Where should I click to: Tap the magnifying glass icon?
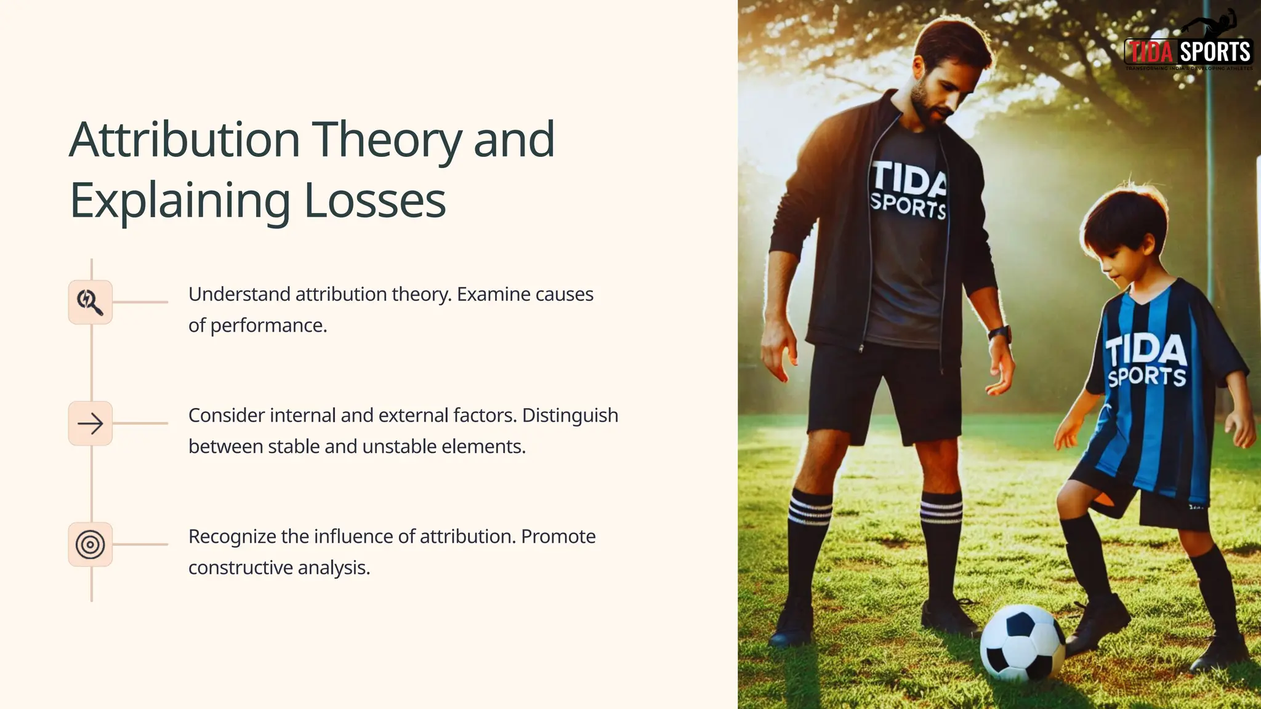click(x=91, y=302)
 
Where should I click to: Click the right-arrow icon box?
click(x=91, y=423)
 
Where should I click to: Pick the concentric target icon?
click(x=91, y=545)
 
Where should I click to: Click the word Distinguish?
click(x=570, y=415)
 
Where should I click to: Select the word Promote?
click(x=558, y=537)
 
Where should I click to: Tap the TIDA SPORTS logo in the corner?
click(x=1188, y=52)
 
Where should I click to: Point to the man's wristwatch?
click(x=1000, y=335)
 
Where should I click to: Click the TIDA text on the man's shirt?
click(x=909, y=180)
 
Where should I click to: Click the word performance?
click(x=268, y=326)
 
